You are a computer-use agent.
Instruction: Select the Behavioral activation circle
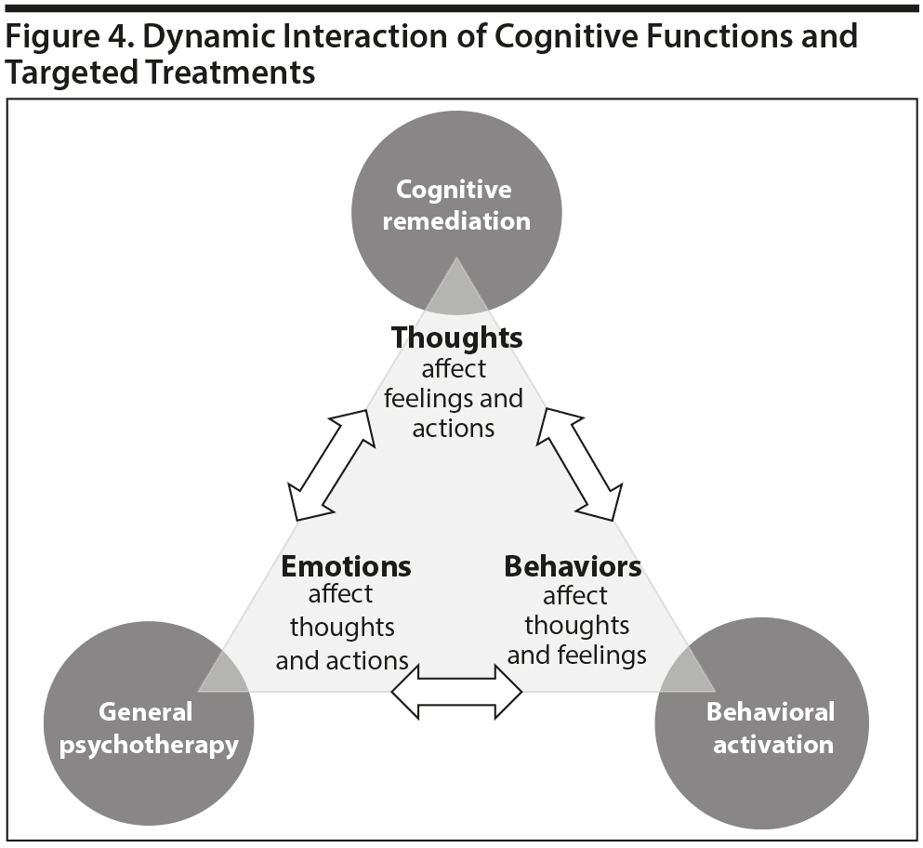[x=762, y=725]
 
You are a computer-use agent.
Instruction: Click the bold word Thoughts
[x=455, y=337]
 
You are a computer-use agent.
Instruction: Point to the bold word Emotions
[x=346, y=565]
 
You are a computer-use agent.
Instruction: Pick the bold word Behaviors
[x=573, y=565]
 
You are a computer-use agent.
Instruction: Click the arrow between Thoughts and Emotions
[x=332, y=463]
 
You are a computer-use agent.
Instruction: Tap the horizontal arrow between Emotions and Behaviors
[x=456, y=692]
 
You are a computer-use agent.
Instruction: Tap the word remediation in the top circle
[x=455, y=221]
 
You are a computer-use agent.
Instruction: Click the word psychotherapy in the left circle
[x=149, y=745]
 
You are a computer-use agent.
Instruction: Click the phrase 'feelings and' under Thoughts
[x=454, y=398]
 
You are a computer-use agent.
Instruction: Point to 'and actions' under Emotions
[x=342, y=660]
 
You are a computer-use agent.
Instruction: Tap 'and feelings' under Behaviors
[x=576, y=655]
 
